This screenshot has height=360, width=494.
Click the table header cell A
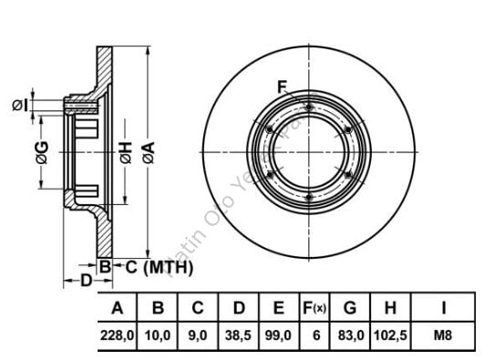[117, 307]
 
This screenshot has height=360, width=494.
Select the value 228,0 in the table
[117, 335]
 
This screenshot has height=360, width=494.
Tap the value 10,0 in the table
[158, 335]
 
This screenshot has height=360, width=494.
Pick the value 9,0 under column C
[197, 335]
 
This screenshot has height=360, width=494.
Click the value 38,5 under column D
[238, 335]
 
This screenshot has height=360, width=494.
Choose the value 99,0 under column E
[279, 335]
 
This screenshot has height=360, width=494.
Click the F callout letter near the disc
[283, 87]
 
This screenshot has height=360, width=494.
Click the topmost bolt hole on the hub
[310, 109]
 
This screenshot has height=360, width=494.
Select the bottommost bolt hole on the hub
[310, 198]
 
